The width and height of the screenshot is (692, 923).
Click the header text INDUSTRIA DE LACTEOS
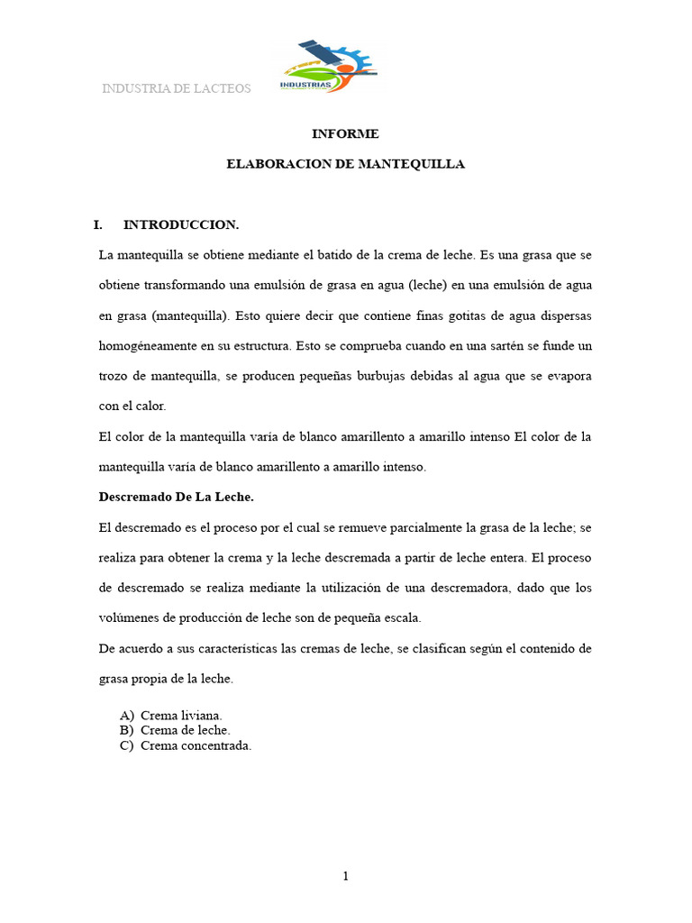(x=177, y=88)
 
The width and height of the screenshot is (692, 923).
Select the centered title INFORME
(x=345, y=133)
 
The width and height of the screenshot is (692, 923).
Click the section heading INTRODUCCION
(x=180, y=224)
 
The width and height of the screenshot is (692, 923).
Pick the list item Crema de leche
(x=185, y=730)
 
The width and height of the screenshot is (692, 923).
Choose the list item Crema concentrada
(x=196, y=745)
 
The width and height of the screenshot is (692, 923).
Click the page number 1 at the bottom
(x=345, y=876)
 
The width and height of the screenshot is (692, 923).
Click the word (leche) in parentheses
(x=424, y=285)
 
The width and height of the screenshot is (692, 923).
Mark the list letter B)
(x=126, y=730)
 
